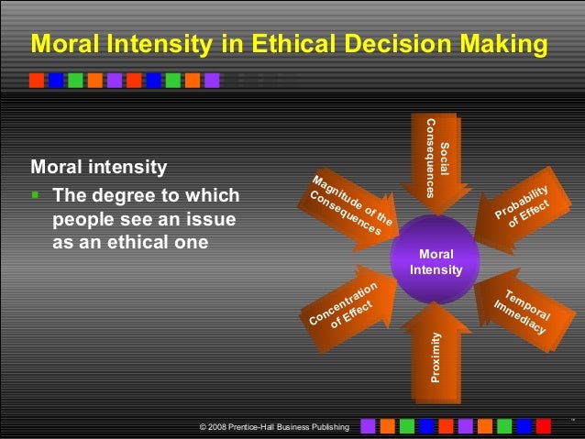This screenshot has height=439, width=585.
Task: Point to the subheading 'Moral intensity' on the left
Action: click(x=99, y=169)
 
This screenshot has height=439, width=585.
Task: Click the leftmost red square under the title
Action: click(x=36, y=80)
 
